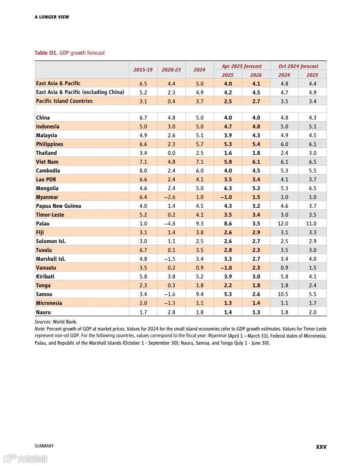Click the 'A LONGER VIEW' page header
[x=52, y=17]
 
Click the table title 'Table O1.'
[x=46, y=53]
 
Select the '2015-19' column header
[x=143, y=70]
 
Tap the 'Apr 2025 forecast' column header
[x=242, y=66]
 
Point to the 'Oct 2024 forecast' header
[x=298, y=66]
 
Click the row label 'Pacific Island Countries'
[x=64, y=101]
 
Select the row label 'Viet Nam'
[x=47, y=162]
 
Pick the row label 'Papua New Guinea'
[x=58, y=206]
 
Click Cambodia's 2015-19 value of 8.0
[x=143, y=171]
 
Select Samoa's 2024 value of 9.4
[x=199, y=294]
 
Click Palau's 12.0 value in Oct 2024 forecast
[x=284, y=224]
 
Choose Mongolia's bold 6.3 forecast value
[x=228, y=188]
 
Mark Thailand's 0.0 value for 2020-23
[x=171, y=153]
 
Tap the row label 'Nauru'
[x=43, y=312]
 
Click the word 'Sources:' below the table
[x=43, y=322]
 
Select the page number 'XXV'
[x=321, y=447]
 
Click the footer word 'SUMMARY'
[x=44, y=446]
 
